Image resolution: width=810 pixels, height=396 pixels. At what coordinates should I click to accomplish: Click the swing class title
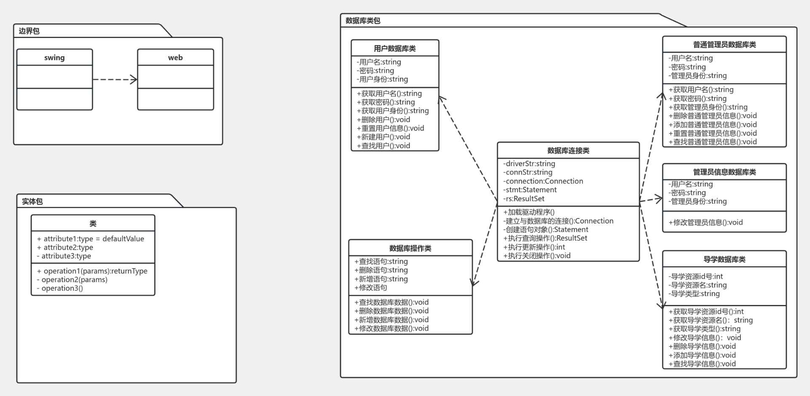(54, 58)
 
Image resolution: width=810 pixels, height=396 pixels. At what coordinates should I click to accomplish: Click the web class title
(175, 58)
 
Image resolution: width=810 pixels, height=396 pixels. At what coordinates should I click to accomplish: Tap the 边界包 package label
(29, 31)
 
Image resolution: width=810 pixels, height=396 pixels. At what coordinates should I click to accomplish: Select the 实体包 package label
(32, 202)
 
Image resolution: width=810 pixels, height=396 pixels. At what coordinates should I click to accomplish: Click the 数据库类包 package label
(363, 21)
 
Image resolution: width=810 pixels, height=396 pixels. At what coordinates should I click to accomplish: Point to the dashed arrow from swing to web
(115, 79)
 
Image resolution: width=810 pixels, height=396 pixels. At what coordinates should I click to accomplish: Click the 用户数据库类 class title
(395, 48)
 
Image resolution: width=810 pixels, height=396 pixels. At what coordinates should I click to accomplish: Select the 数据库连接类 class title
(568, 151)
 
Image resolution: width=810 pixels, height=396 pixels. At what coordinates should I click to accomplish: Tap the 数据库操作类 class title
(410, 248)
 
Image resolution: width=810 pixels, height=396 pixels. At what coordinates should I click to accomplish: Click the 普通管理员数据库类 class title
(724, 45)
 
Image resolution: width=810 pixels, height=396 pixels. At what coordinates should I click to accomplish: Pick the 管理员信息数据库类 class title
(724, 172)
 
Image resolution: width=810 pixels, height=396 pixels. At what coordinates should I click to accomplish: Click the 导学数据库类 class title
(724, 259)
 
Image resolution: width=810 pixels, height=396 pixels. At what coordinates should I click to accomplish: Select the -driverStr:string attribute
(529, 164)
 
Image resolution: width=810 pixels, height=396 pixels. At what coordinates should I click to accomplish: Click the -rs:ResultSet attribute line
(524, 199)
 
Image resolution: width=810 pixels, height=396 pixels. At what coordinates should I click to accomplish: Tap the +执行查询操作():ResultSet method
(545, 238)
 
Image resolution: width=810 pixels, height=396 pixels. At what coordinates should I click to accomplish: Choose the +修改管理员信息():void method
(705, 222)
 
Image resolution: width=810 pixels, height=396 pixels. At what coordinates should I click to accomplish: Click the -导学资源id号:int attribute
(696, 276)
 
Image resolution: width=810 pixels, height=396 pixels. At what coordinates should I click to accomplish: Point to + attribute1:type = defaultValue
(91, 239)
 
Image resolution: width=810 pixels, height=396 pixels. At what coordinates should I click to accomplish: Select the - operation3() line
(60, 288)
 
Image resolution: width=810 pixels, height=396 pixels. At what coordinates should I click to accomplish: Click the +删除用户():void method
(383, 120)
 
